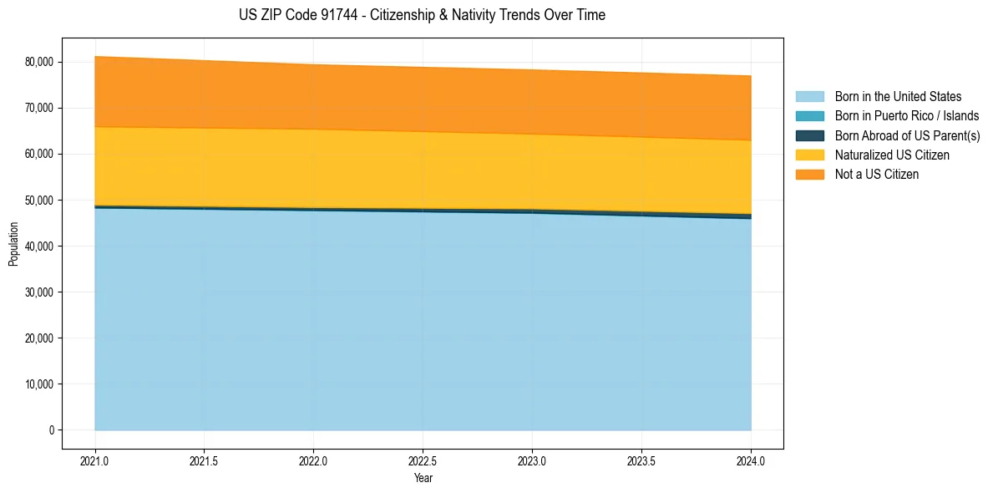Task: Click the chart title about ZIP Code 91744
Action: click(x=422, y=15)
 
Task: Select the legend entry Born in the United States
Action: click(x=898, y=97)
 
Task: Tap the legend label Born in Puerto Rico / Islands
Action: click(x=907, y=116)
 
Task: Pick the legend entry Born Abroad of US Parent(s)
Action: click(x=907, y=135)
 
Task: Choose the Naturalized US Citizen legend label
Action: click(x=892, y=155)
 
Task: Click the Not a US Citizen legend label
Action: click(x=876, y=175)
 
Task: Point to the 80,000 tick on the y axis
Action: click(x=39, y=62)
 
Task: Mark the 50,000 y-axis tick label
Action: click(x=39, y=201)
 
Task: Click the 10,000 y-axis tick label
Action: click(x=39, y=384)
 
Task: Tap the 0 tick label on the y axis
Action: click(x=51, y=430)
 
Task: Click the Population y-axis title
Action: click(x=13, y=244)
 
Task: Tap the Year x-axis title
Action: click(x=423, y=478)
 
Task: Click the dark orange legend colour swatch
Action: click(x=809, y=175)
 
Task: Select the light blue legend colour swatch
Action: click(x=809, y=97)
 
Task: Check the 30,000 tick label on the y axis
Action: click(x=39, y=292)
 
